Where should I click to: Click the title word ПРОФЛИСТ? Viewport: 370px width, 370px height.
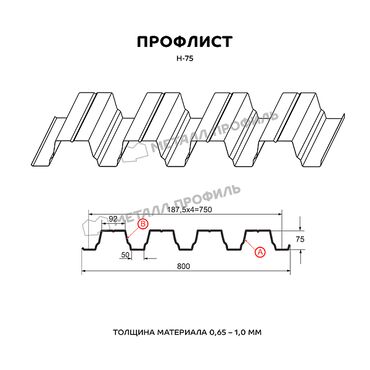click(184, 42)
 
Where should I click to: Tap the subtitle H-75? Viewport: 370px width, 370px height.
click(184, 59)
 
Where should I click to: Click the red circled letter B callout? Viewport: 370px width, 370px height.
click(142, 224)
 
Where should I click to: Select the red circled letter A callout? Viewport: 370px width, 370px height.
click(260, 252)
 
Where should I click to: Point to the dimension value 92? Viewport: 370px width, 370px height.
click(114, 219)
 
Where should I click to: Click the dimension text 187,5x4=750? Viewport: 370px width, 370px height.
click(191, 210)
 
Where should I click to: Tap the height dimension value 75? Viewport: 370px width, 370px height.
click(300, 240)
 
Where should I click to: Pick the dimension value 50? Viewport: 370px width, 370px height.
click(125, 255)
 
